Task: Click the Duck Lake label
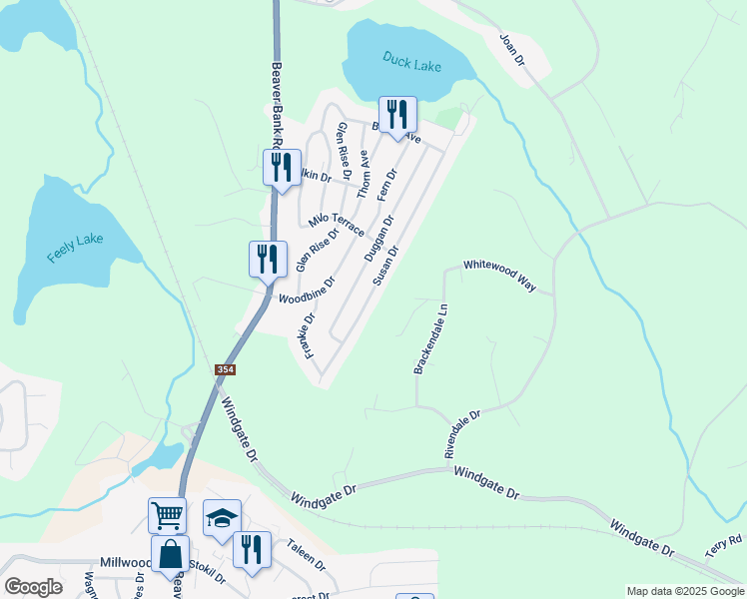[411, 62]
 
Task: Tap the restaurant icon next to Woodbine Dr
[267, 259]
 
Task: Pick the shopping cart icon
[167, 516]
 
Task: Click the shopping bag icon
[170, 554]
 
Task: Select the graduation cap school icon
[222, 517]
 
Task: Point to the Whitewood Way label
[499, 274]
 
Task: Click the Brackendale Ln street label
[428, 338]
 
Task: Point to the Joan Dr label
[512, 47]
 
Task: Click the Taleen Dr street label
[307, 554]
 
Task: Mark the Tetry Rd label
[723, 545]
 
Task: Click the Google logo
[33, 587]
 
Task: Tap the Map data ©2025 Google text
[684, 591]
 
